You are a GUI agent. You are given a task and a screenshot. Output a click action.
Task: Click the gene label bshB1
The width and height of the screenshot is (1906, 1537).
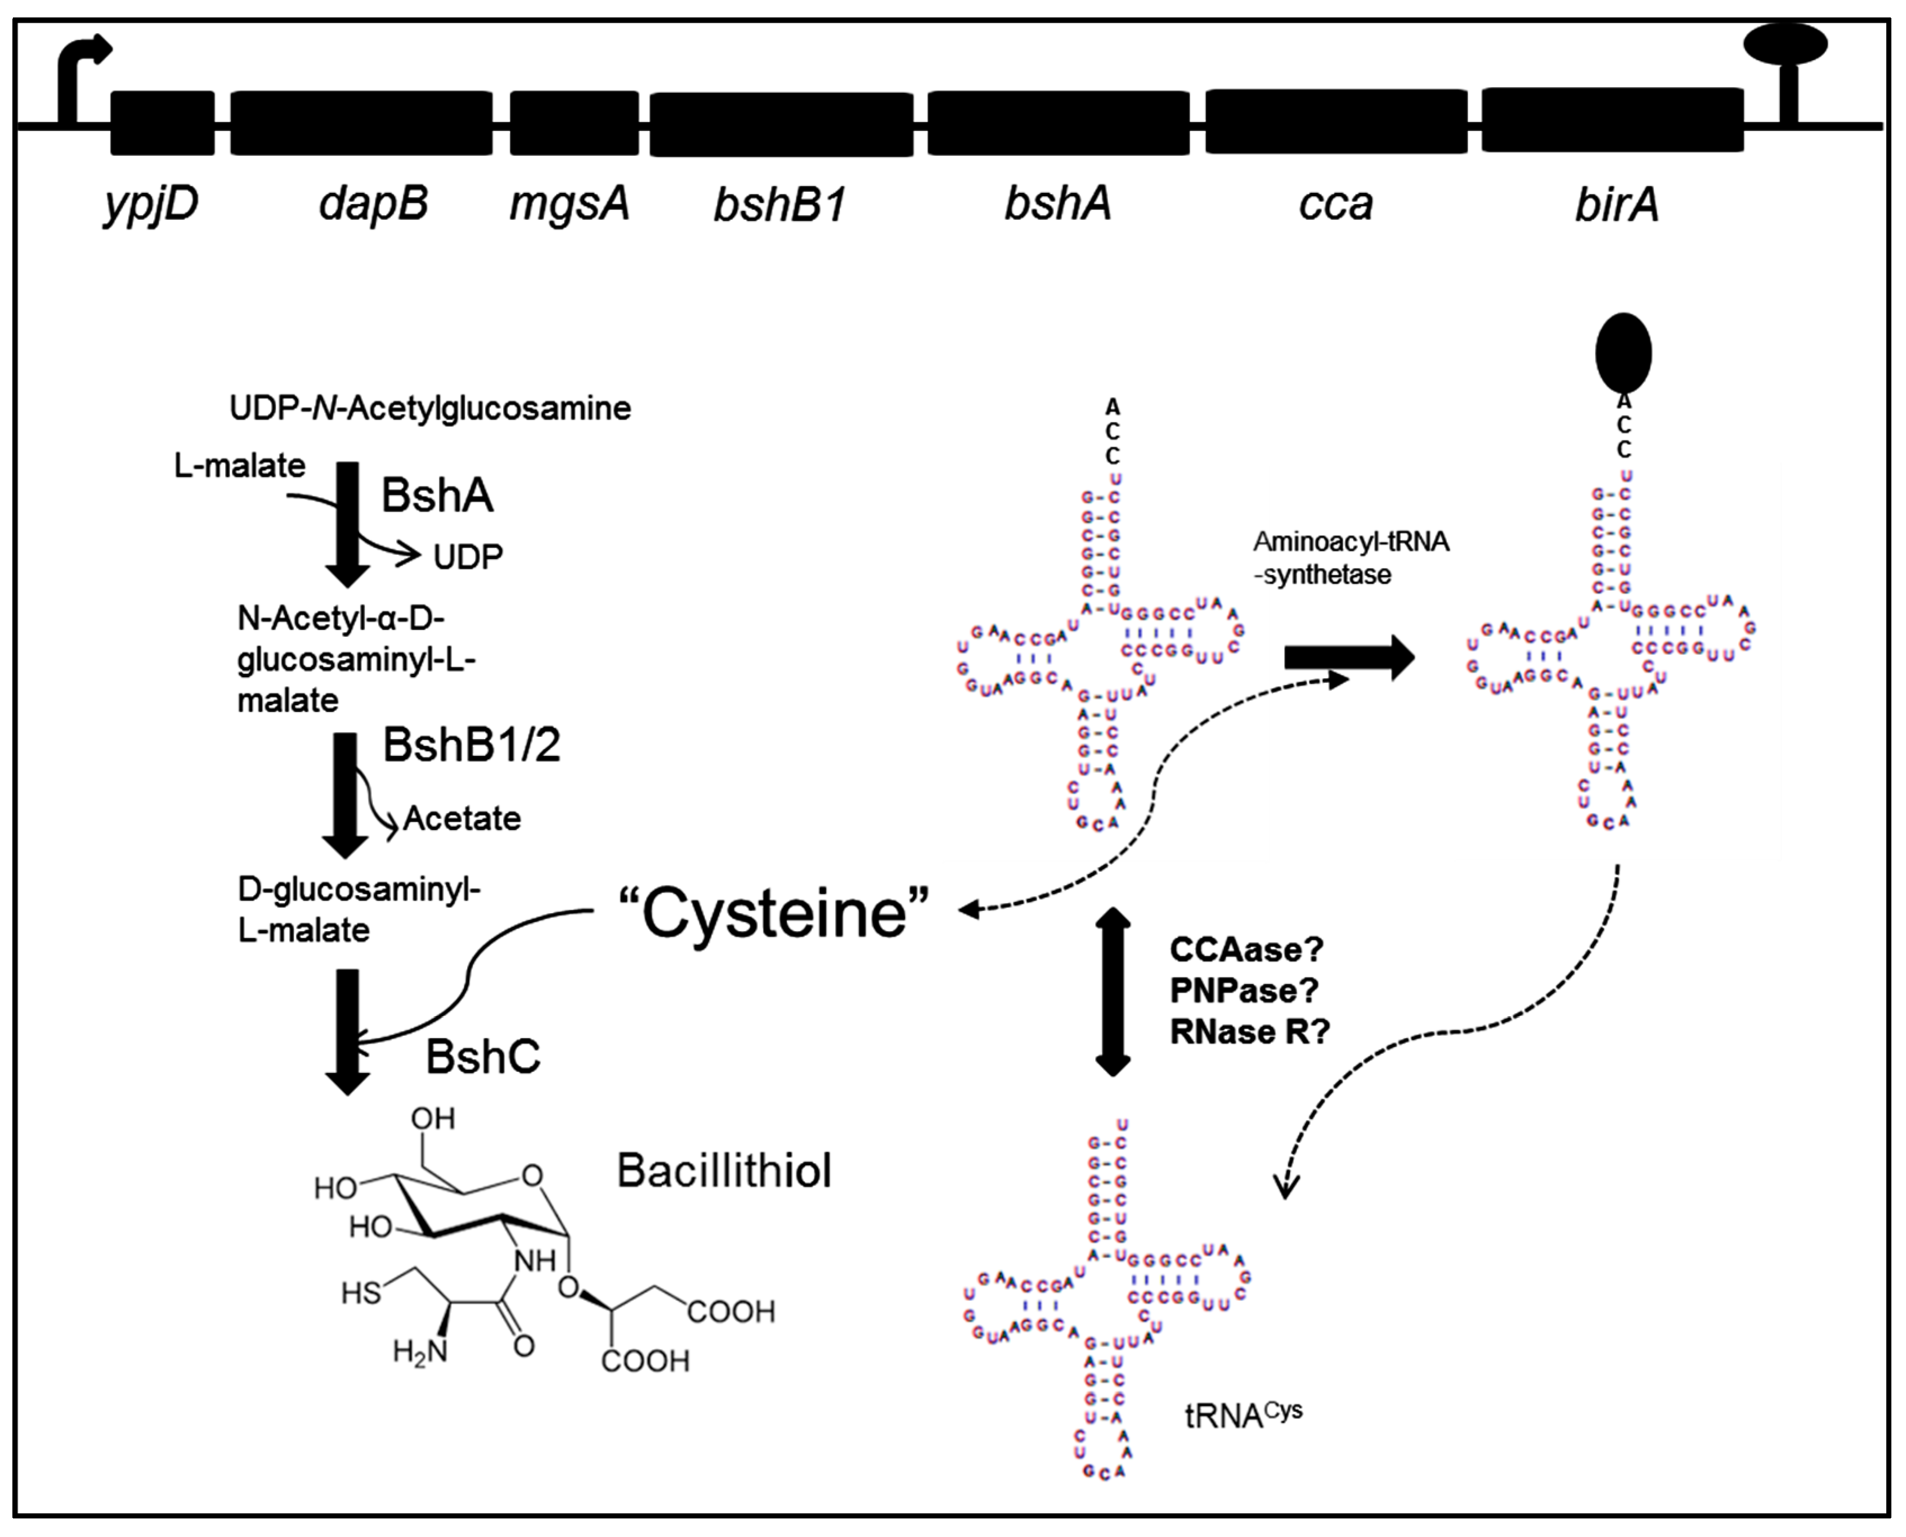click(779, 205)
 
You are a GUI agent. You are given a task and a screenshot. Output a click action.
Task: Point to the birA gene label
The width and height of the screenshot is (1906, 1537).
click(1616, 205)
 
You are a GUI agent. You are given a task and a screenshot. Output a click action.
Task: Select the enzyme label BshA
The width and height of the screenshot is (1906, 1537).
click(437, 495)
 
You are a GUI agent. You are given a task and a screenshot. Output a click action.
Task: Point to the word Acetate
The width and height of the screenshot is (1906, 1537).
click(461, 819)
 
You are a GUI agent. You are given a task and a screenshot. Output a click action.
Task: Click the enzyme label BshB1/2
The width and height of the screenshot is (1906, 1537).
click(471, 746)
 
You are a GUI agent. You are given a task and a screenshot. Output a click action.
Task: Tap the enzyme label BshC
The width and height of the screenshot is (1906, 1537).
click(483, 1056)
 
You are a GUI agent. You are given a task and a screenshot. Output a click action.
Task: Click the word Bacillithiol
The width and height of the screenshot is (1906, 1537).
click(724, 1170)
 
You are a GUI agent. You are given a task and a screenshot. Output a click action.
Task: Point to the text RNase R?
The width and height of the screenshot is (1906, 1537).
click(1249, 1031)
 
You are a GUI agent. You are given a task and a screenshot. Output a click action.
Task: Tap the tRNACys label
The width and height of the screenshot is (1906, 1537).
click(1243, 1415)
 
